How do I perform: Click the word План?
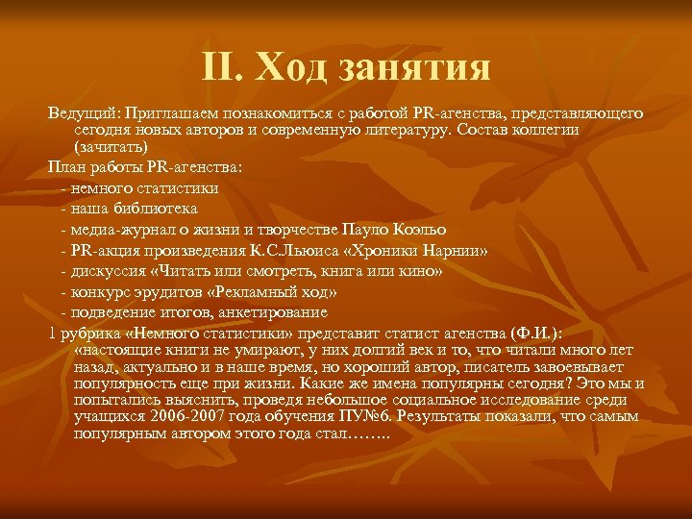click(66, 166)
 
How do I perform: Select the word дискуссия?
click(104, 272)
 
